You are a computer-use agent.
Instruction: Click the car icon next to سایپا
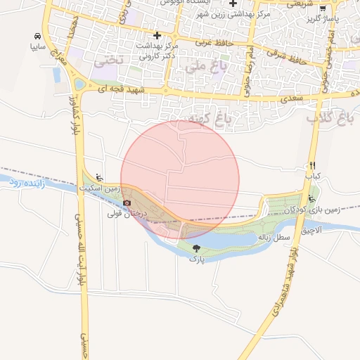(x=36, y=35)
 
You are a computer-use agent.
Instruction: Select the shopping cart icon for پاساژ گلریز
(x=323, y=9)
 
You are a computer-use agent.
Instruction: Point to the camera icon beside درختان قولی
(x=127, y=202)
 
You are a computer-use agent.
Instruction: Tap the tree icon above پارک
(x=195, y=248)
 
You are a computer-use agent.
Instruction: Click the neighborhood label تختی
(x=108, y=61)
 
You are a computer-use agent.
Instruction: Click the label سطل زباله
(x=274, y=238)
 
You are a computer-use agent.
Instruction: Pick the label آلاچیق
(x=309, y=230)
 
